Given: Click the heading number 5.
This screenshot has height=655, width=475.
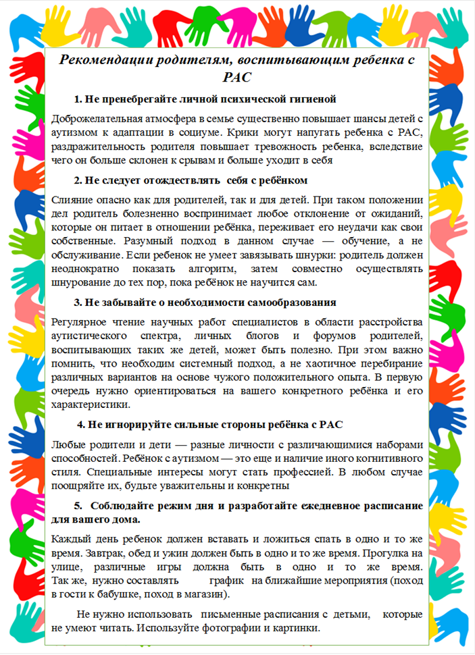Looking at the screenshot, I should coord(78,505).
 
